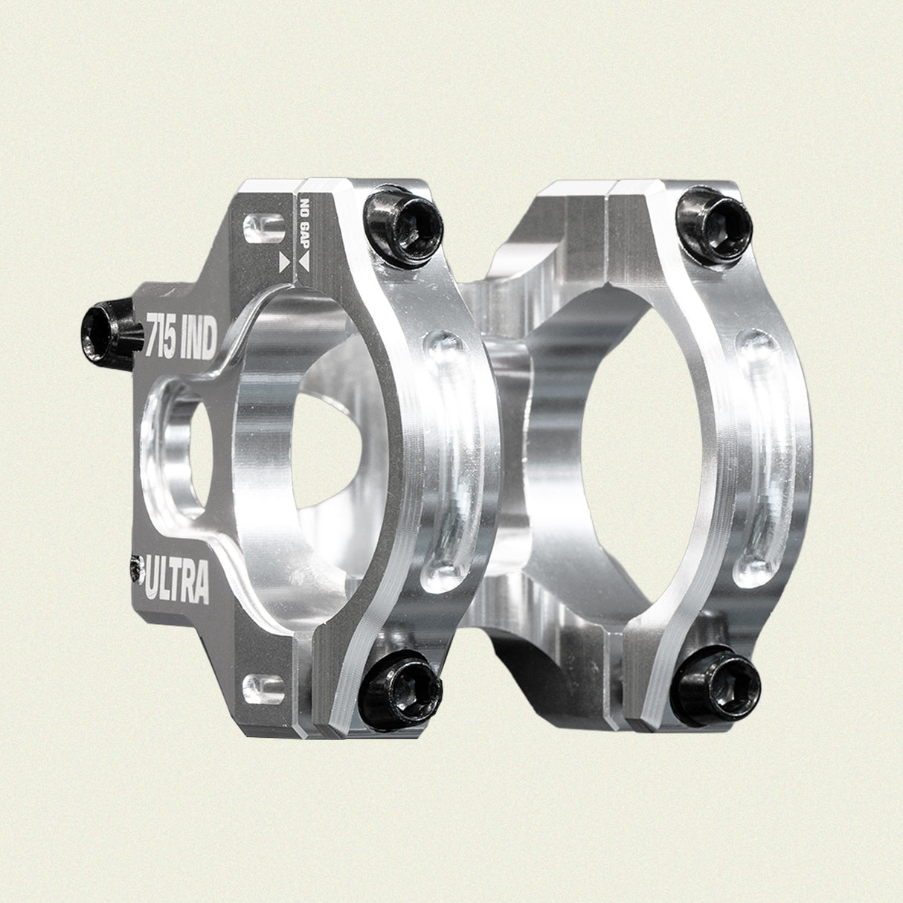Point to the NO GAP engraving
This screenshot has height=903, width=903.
[303, 223]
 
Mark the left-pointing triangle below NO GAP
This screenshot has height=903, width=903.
[305, 261]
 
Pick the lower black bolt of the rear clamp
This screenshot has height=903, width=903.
[716, 685]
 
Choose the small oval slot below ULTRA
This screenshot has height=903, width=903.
[264, 684]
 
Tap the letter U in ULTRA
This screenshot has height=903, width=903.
[153, 584]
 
